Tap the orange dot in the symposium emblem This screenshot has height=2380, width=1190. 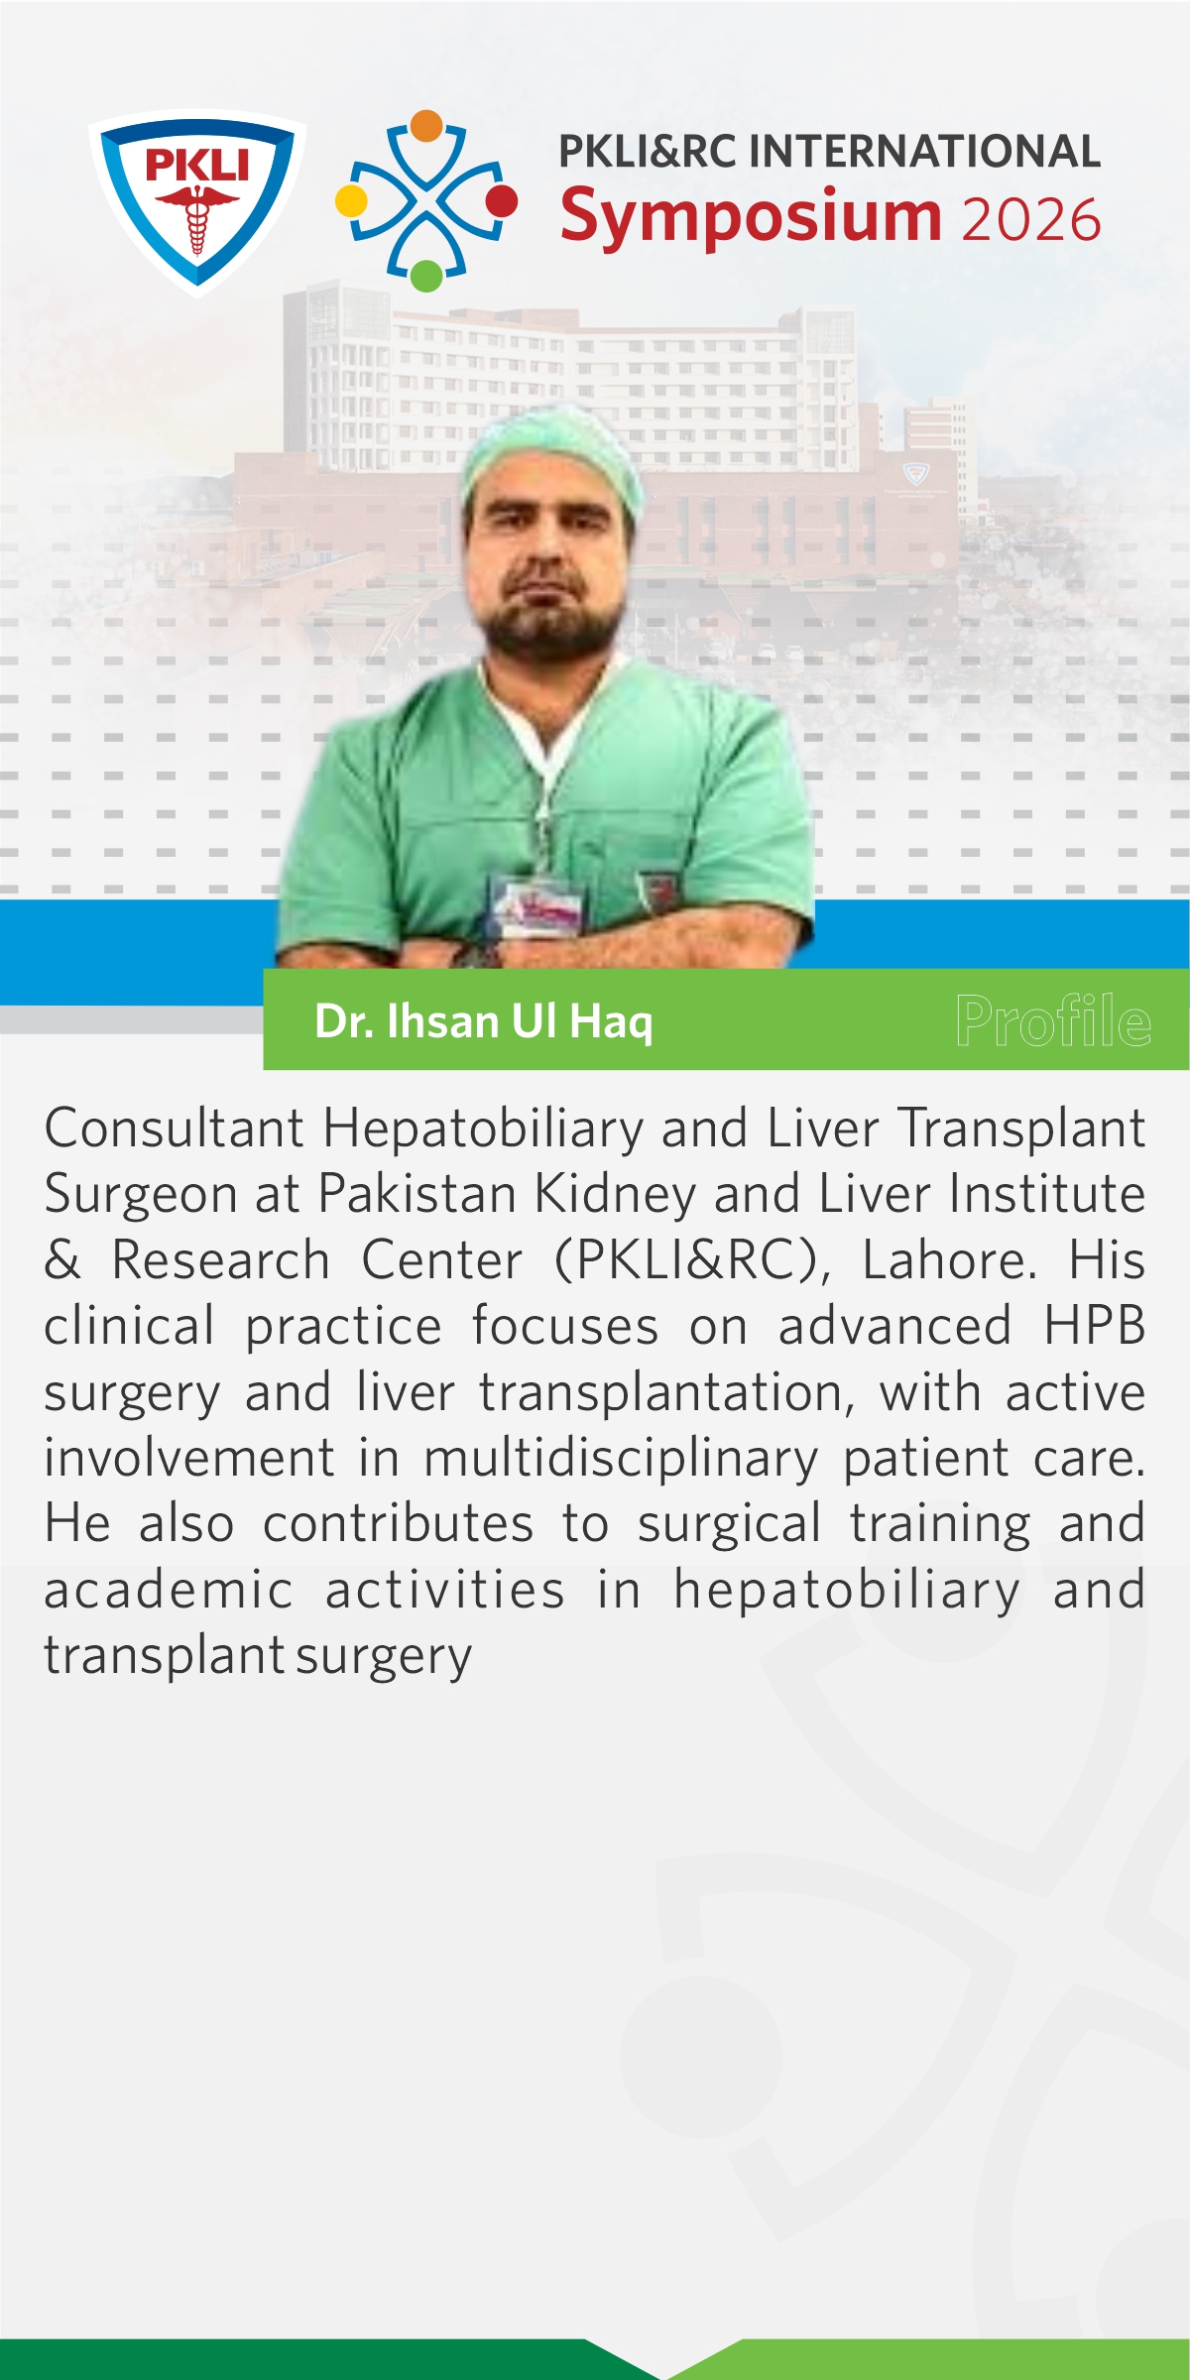(426, 126)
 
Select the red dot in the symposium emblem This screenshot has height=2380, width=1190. (502, 200)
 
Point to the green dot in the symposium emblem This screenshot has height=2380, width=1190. (426, 276)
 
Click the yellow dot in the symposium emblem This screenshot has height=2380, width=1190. (351, 200)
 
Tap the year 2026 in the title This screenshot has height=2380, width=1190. (1031, 220)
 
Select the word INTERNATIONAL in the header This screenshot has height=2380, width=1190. (924, 152)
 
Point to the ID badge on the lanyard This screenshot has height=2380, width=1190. (535, 904)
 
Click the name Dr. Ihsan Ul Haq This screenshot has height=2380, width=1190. (484, 1021)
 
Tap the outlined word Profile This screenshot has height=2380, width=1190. (1053, 1020)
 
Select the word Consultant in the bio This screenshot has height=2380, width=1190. (175, 1129)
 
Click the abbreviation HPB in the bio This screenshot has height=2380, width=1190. (1095, 1327)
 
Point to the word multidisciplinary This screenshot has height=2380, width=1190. (621, 1460)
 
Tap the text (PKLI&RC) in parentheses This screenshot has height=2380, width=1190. (692, 1261)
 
